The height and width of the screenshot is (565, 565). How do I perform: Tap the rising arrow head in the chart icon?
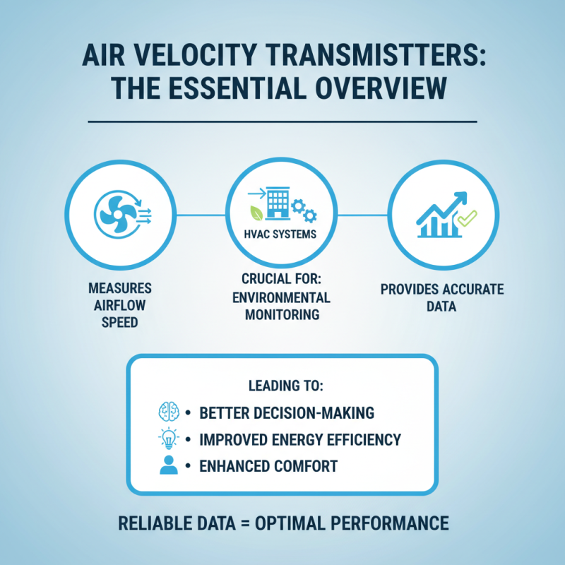click(461, 197)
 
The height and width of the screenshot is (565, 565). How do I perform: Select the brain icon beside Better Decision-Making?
click(168, 412)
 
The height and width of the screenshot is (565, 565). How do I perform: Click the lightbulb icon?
click(168, 439)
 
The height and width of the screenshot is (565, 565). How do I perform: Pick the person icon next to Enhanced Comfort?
click(168, 466)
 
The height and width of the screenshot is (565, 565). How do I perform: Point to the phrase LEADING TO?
click(282, 387)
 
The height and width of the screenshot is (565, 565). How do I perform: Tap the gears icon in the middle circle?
click(306, 209)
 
